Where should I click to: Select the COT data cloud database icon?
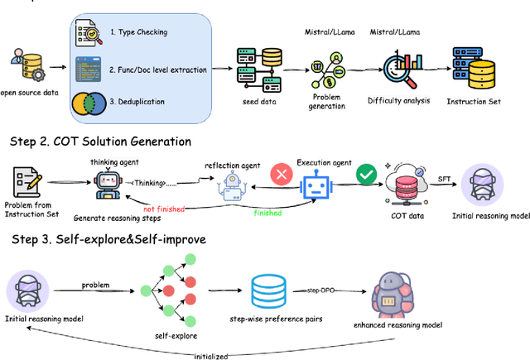[407, 187]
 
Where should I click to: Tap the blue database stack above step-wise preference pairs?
[271, 288]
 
